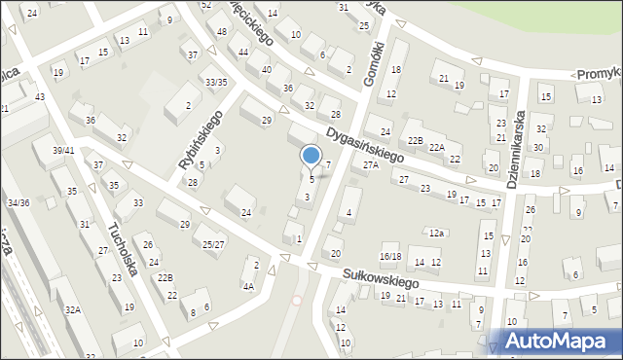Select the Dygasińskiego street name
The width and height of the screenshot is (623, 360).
[366, 147]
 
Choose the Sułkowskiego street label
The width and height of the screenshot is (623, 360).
[380, 280]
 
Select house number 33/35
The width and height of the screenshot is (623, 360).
[215, 82]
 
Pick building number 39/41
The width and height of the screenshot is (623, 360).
[63, 150]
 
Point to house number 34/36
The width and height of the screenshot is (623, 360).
[18, 202]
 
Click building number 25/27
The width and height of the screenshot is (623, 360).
[213, 244]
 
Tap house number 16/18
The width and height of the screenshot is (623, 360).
[389, 255]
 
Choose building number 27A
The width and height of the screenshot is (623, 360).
[370, 165]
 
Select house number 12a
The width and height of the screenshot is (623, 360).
[437, 233]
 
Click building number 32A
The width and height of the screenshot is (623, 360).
[72, 308]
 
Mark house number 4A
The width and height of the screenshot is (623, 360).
[248, 286]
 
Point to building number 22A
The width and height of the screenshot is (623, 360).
[436, 147]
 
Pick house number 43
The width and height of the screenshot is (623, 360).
[40, 96]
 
